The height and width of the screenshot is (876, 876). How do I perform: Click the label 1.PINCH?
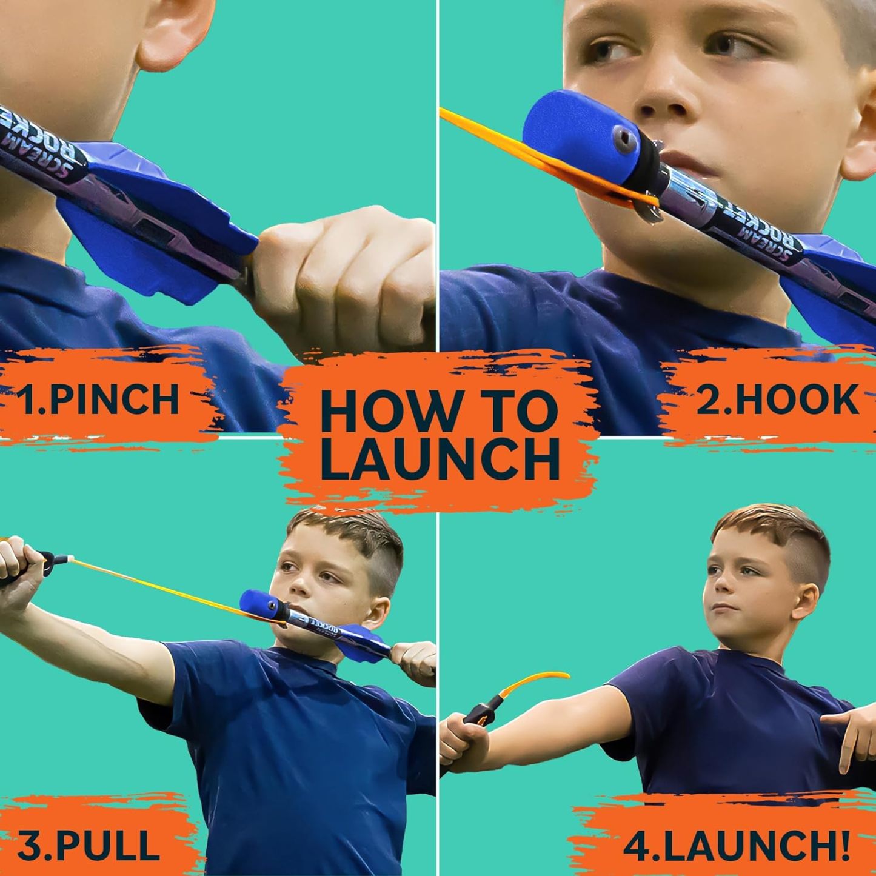[x=100, y=400]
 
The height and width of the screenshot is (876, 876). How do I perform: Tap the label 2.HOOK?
[x=777, y=400]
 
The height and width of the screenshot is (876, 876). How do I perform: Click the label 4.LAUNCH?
[x=735, y=846]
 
